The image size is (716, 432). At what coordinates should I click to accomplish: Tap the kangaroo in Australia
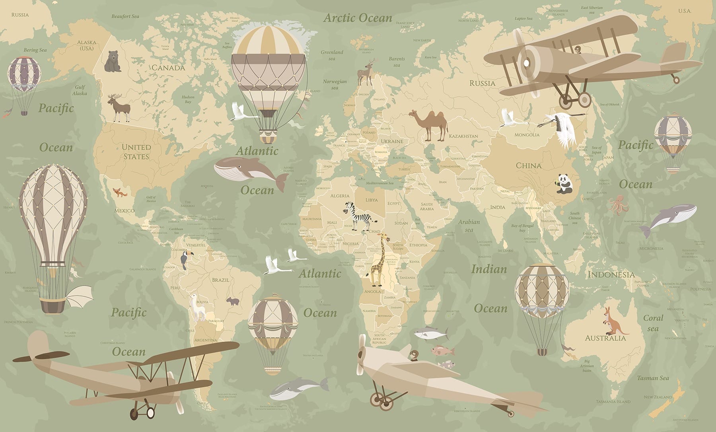tap(612, 321)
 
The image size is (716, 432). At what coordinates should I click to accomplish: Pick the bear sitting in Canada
tap(113, 61)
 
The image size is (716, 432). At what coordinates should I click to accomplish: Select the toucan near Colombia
tap(185, 261)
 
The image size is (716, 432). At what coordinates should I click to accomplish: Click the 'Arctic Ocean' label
tap(358, 18)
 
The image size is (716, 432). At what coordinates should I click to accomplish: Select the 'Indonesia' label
tap(611, 274)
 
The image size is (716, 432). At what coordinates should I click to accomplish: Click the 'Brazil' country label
tap(220, 280)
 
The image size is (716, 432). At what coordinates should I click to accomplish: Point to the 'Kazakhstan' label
tap(463, 136)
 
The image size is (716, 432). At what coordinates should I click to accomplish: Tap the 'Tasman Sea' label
tap(653, 378)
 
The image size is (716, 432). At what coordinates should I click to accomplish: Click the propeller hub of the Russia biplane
tap(527, 63)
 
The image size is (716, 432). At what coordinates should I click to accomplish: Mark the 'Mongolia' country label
tap(527, 135)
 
